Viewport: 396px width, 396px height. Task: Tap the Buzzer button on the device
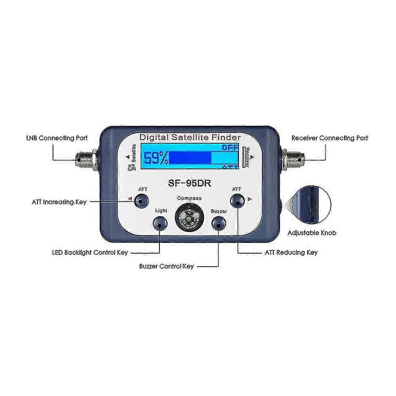click(x=219, y=224)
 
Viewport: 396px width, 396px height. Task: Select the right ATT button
click(x=237, y=201)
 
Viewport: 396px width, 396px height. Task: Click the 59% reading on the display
click(x=156, y=159)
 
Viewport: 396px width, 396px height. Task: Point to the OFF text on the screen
click(x=231, y=148)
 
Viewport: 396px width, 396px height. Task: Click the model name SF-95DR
click(x=188, y=183)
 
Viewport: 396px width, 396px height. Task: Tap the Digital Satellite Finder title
click(x=190, y=137)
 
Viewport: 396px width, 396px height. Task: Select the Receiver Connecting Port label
click(x=330, y=138)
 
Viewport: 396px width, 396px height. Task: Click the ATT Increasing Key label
click(x=59, y=202)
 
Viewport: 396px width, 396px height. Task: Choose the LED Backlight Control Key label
click(x=90, y=252)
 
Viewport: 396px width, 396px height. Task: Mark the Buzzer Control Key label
click(x=166, y=266)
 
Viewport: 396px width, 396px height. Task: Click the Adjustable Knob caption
click(x=312, y=233)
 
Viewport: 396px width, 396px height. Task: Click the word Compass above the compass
click(x=189, y=198)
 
